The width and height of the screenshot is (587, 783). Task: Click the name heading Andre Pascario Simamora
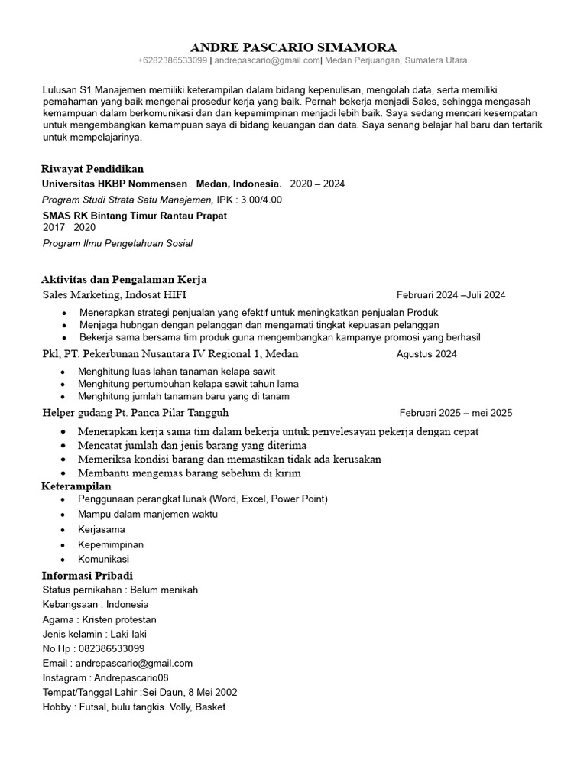click(293, 46)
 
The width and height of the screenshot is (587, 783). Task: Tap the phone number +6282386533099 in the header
click(172, 60)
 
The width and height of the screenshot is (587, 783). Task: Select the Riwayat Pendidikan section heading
click(92, 169)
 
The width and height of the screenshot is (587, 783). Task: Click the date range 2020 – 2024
click(317, 184)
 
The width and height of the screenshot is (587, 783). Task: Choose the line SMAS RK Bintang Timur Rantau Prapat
click(135, 216)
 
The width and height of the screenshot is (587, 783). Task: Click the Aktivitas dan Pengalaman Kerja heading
click(124, 280)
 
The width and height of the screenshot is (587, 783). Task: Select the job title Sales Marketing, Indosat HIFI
click(115, 294)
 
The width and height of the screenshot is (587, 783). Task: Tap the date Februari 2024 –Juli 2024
click(451, 295)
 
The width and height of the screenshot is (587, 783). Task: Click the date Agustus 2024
click(426, 354)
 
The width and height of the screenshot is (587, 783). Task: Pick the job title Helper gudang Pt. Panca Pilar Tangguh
click(136, 413)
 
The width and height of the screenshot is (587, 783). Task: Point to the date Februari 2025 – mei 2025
click(456, 413)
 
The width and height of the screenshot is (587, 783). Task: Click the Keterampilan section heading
click(76, 486)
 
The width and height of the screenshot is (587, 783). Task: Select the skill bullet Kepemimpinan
click(111, 544)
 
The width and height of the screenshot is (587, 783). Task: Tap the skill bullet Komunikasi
click(103, 559)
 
